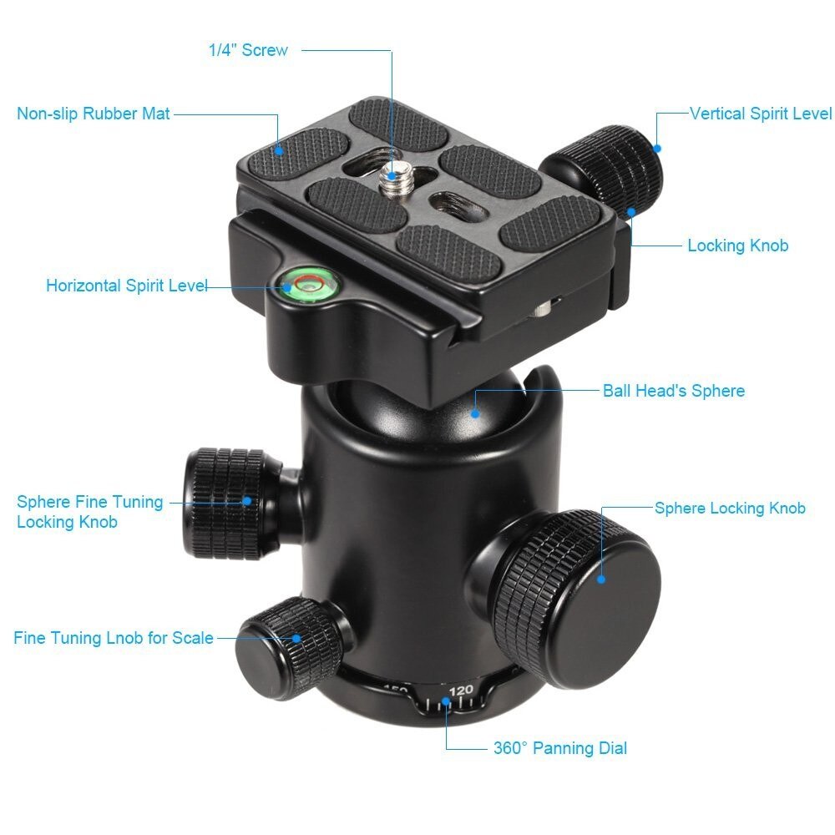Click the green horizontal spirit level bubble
(303, 285)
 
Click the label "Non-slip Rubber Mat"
(94, 114)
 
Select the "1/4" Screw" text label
(248, 50)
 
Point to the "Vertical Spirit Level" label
(761, 114)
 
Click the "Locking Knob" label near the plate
(737, 245)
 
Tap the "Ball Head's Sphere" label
(673, 391)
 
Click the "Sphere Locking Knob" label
(730, 508)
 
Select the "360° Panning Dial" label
(559, 747)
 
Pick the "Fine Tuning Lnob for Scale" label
(114, 638)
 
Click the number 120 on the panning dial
(461, 691)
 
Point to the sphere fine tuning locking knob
(225, 501)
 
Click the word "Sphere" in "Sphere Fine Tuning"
(43, 502)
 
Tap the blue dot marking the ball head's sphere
(474, 411)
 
